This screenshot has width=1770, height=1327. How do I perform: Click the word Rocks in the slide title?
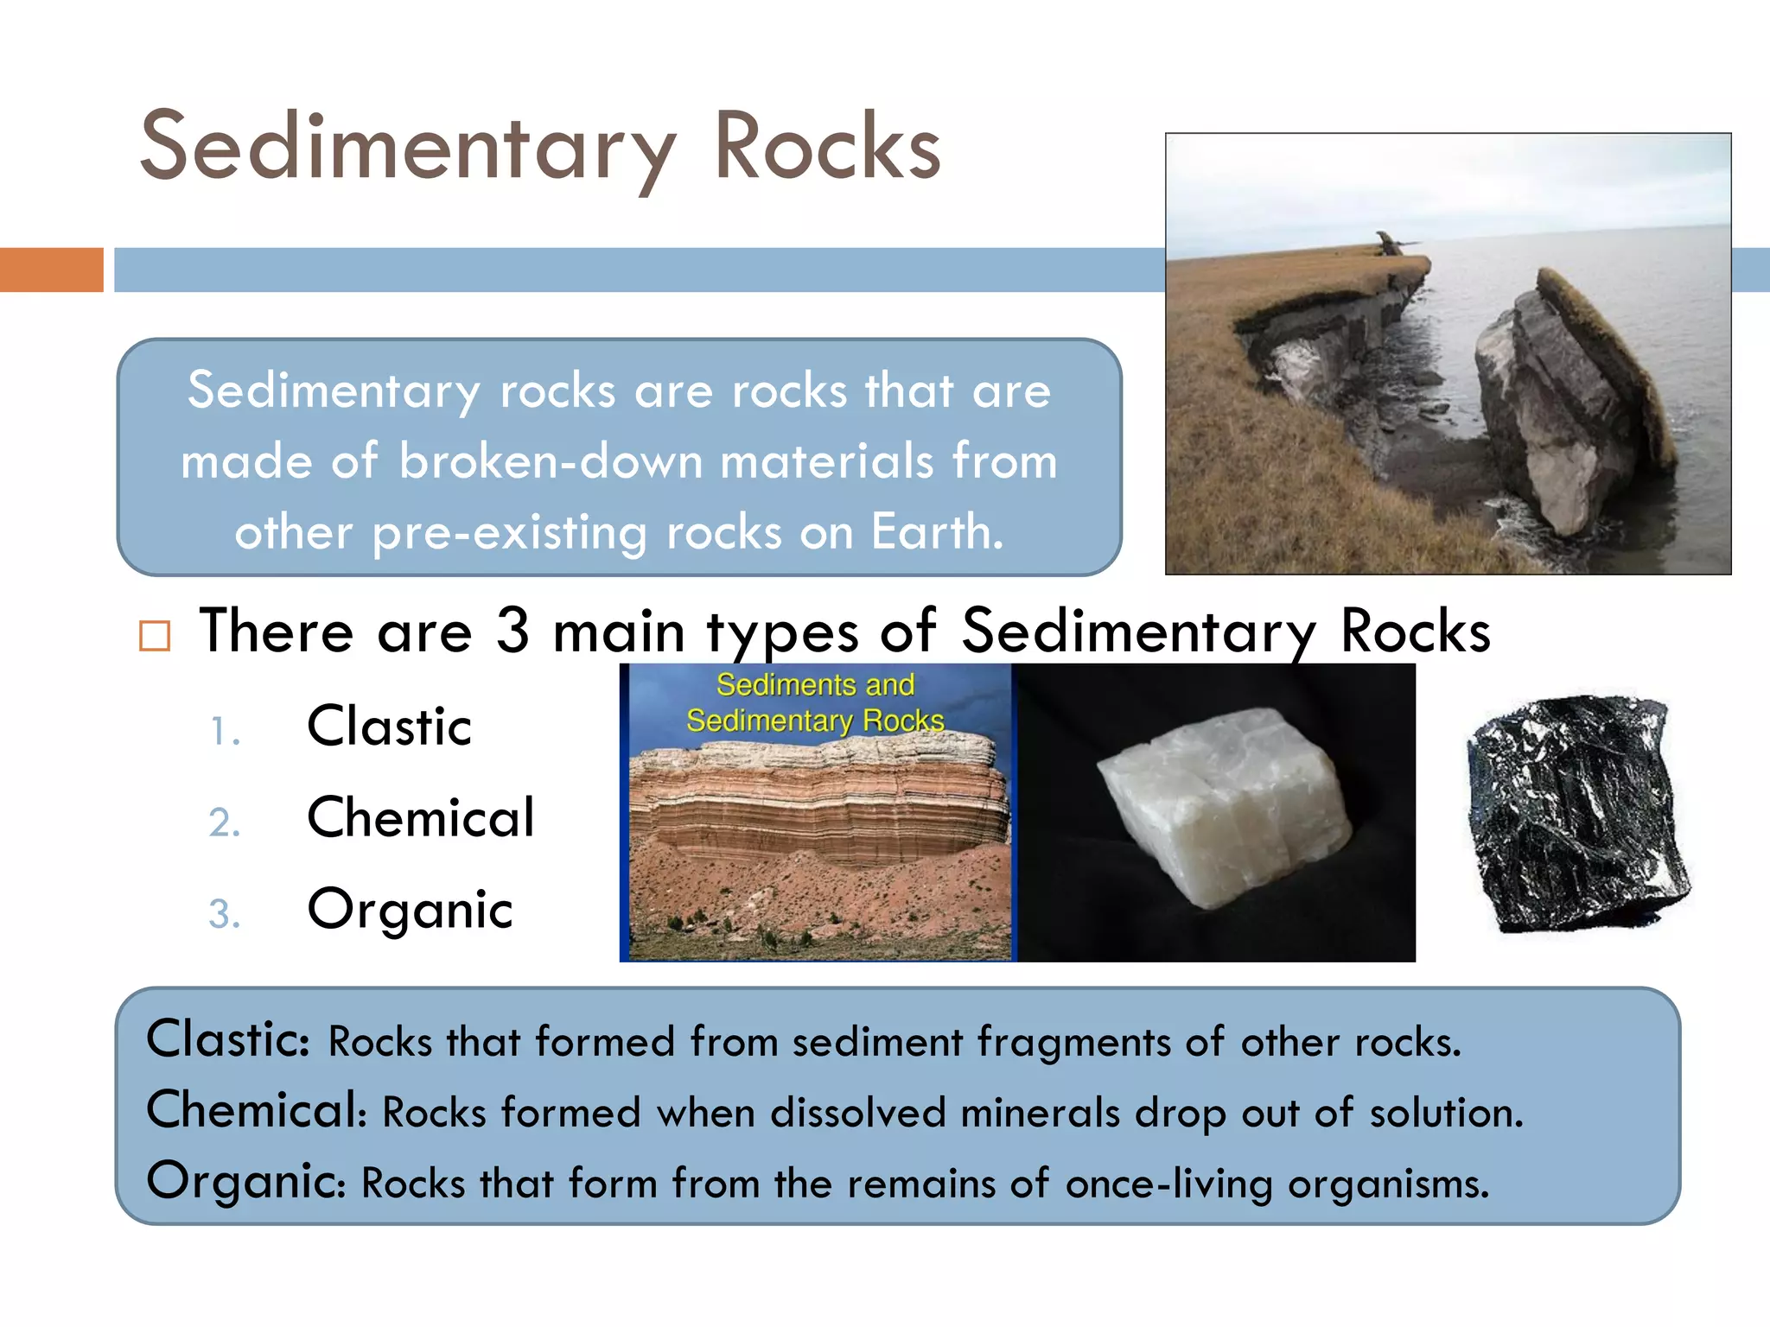[x=827, y=147]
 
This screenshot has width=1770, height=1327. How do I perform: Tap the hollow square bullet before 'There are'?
[x=155, y=636]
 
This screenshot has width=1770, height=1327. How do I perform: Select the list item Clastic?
[x=389, y=726]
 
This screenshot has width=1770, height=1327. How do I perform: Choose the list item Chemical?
[x=421, y=817]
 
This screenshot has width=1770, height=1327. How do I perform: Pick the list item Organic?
[x=410, y=911]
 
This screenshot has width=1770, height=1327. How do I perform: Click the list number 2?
[x=224, y=822]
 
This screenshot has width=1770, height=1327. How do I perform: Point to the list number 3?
[x=224, y=914]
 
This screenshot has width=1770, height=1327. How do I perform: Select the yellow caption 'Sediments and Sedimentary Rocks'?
[x=815, y=702]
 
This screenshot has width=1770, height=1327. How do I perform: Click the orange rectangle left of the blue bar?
[x=51, y=270]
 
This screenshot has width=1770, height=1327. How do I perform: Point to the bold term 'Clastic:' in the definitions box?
[x=228, y=1039]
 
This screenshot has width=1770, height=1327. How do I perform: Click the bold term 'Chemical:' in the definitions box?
[x=258, y=1110]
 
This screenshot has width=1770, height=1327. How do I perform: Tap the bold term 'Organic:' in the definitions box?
[x=246, y=1181]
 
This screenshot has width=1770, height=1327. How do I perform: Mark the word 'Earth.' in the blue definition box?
[x=937, y=530]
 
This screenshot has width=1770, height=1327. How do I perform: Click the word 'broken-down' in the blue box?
[x=551, y=460]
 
